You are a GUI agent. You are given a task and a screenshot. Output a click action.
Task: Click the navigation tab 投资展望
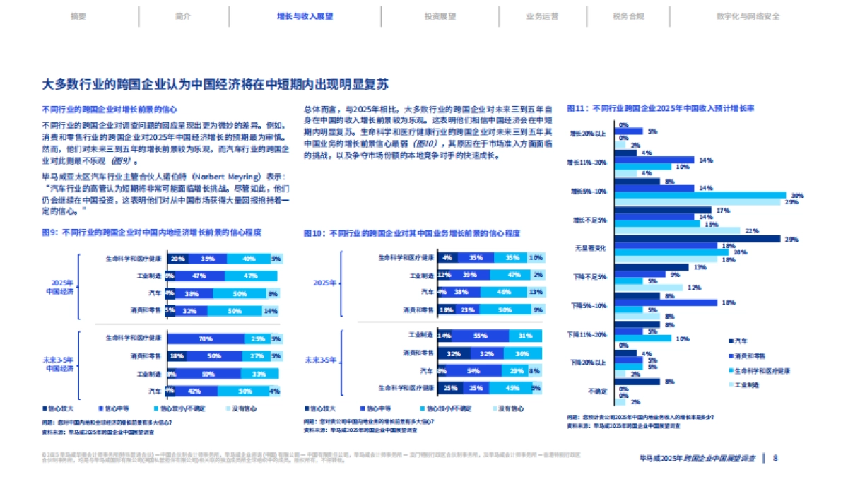440,16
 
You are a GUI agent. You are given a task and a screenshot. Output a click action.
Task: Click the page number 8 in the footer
775,457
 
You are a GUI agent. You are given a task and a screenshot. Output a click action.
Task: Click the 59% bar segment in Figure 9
208,374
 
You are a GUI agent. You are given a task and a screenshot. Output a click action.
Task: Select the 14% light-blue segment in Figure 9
270,310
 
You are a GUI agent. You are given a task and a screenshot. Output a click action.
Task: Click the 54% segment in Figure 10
474,370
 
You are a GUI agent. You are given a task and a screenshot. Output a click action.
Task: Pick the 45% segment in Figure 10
512,388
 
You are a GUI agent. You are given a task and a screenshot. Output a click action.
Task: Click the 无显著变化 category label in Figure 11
592,249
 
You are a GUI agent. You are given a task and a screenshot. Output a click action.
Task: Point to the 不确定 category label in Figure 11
597,390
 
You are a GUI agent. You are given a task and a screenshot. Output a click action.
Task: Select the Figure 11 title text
661,109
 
